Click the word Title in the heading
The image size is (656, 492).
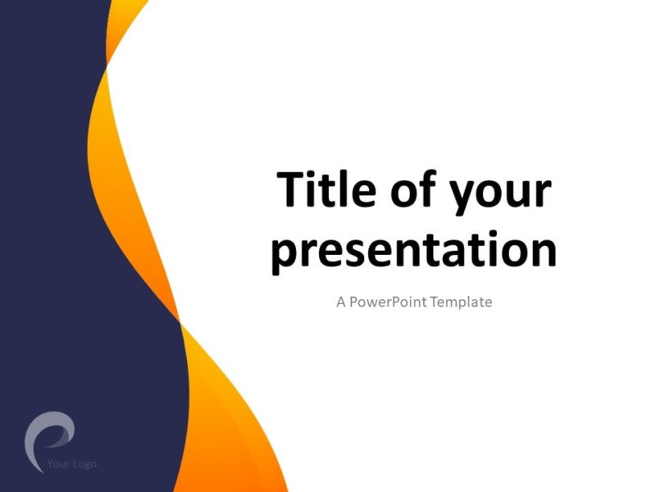click(320, 189)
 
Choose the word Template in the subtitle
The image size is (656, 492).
click(461, 302)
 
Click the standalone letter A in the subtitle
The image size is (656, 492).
click(340, 302)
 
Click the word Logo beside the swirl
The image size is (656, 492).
click(84, 464)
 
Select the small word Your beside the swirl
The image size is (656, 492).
click(58, 464)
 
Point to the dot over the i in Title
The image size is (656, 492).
click(311, 171)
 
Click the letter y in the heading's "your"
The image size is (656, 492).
click(449, 197)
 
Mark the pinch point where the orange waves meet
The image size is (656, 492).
click(180, 321)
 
